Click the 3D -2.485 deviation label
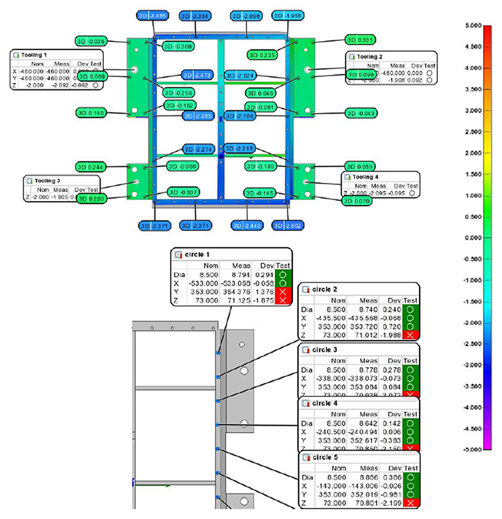point(153,14)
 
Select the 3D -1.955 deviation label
point(288,14)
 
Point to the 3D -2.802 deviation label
point(288,225)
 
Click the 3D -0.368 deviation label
point(176,46)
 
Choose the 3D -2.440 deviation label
point(248,225)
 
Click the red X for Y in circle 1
point(283,291)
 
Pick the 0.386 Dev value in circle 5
point(391,478)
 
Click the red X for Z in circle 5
point(410,503)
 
